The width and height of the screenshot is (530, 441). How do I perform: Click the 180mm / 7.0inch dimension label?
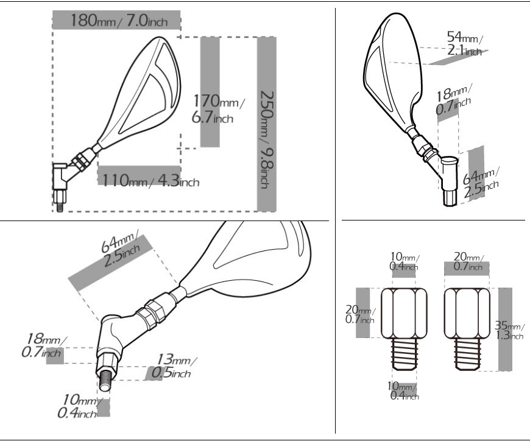(119, 20)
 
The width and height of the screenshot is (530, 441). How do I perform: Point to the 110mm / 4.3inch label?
(150, 180)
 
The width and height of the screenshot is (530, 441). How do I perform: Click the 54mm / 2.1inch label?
(465, 43)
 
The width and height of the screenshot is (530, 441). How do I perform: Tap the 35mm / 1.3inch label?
(509, 330)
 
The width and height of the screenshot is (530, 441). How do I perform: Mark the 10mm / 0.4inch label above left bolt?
(405, 261)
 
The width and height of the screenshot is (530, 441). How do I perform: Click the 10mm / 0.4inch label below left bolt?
(403, 390)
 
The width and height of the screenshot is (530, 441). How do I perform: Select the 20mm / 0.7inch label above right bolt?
(468, 261)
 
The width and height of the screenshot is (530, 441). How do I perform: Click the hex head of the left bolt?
(404, 313)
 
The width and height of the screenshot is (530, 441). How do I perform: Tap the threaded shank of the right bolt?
(467, 354)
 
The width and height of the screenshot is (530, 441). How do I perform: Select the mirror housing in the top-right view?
(394, 68)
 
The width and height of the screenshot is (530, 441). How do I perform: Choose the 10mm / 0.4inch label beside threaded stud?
(79, 406)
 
